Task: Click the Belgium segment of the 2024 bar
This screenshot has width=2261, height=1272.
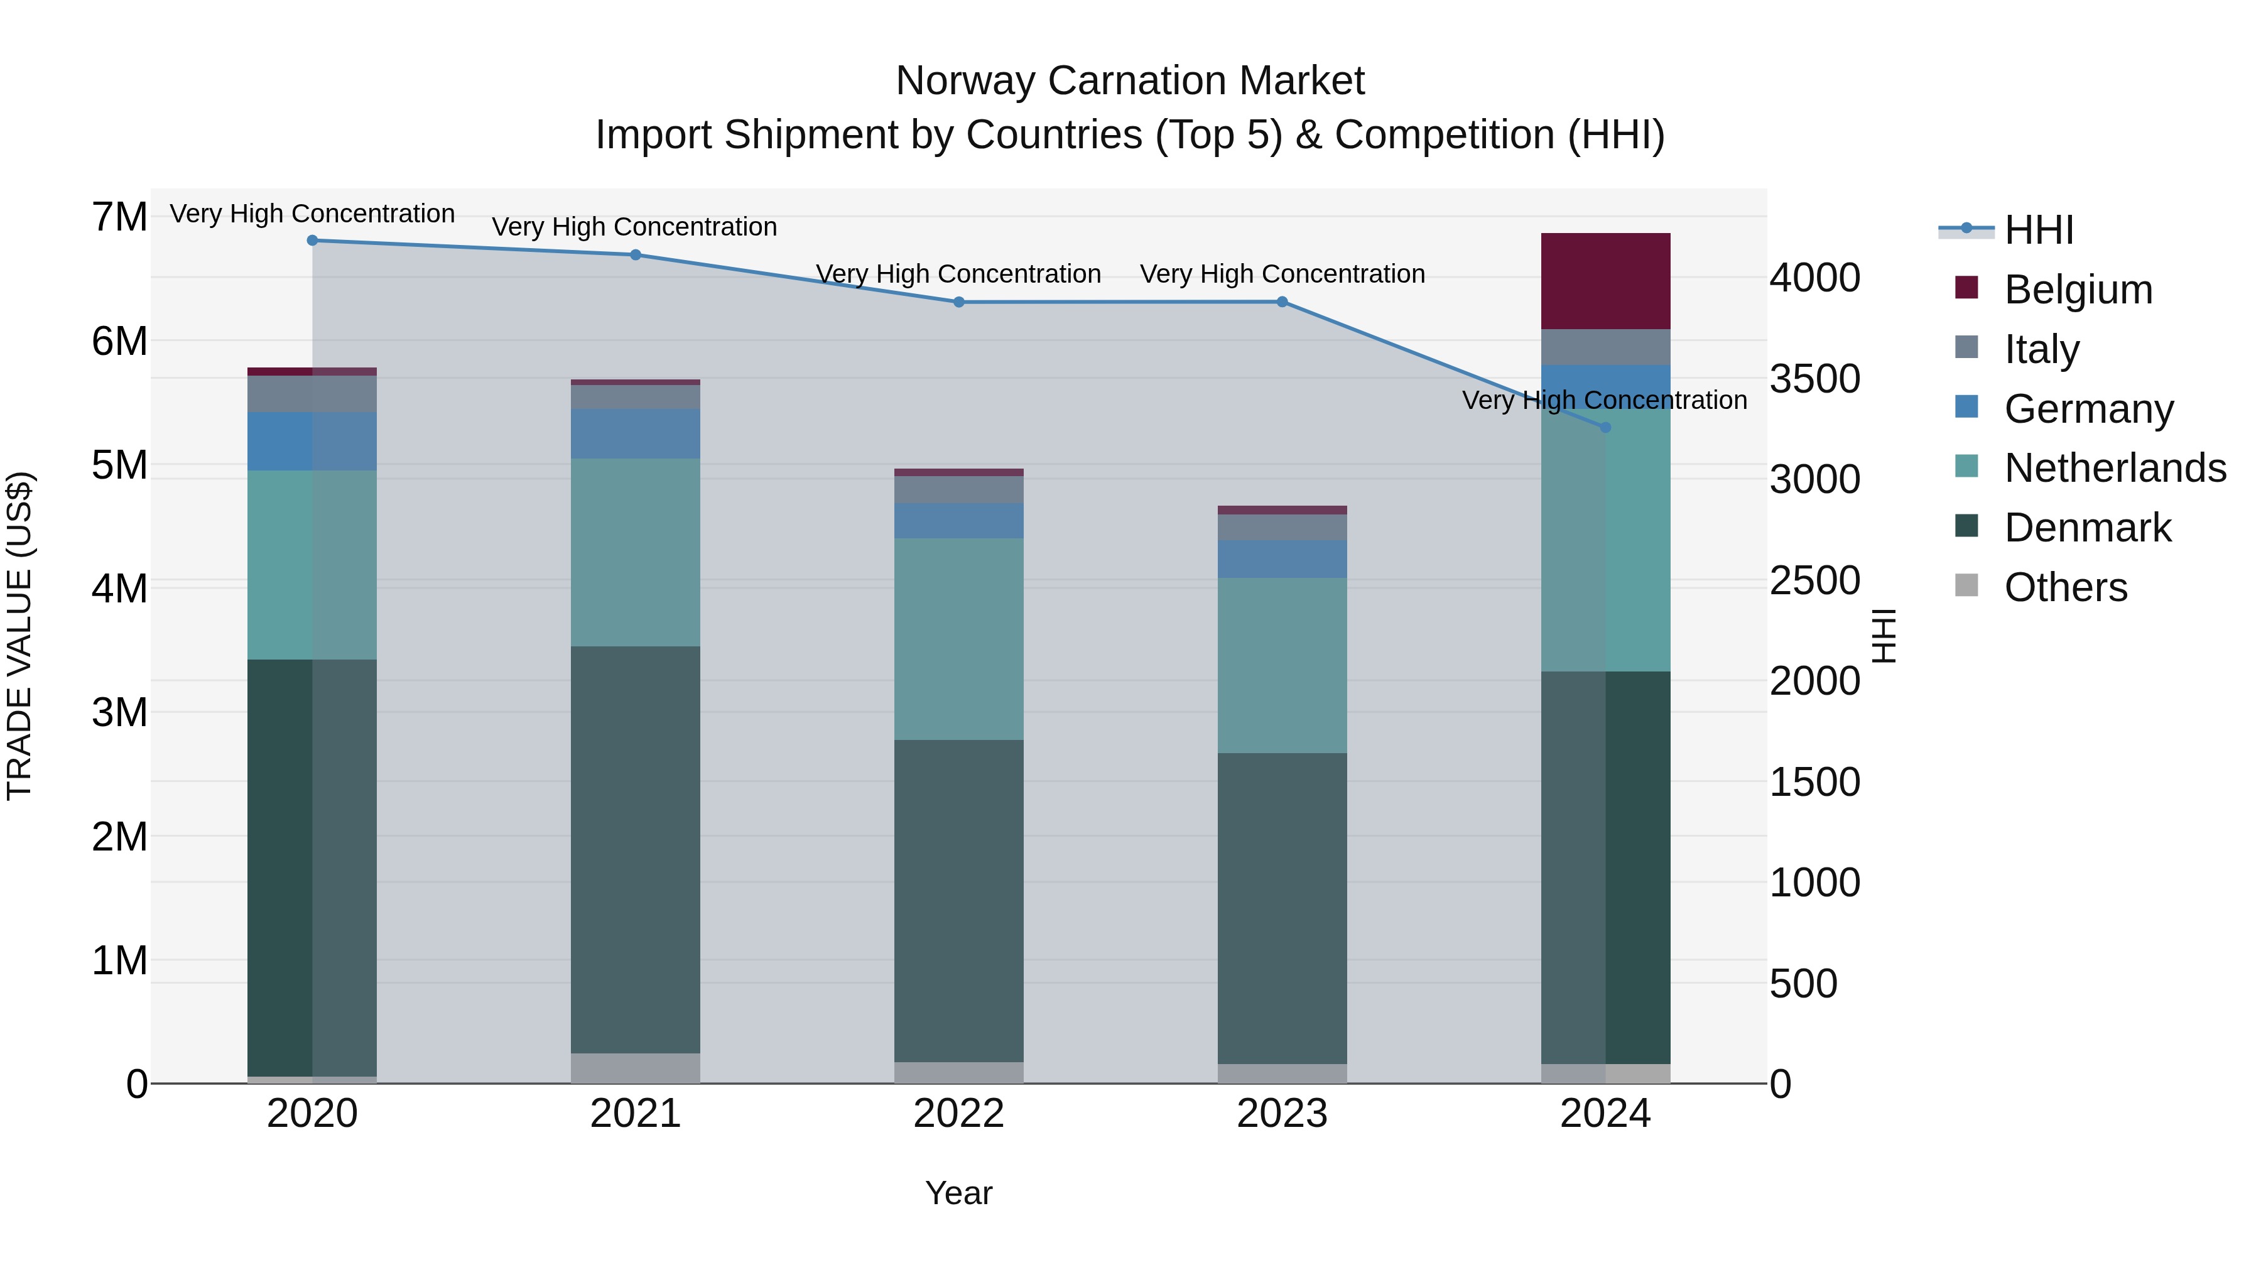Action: tap(1605, 281)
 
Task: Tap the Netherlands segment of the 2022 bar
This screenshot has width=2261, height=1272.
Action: tap(958, 638)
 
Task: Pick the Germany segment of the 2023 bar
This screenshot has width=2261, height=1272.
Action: tap(1281, 558)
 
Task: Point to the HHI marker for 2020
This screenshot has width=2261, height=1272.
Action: tap(313, 241)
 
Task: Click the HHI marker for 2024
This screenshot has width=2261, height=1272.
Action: tap(1605, 428)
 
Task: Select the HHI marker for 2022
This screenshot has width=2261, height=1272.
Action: tap(958, 302)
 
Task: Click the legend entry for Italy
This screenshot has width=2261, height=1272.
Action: tap(2042, 349)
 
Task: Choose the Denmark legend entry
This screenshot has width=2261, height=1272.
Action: tap(2087, 528)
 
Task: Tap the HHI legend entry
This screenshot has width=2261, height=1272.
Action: tap(2038, 230)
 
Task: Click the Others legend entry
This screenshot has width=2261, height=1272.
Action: tap(2065, 587)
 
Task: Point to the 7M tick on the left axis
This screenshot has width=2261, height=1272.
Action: tap(119, 217)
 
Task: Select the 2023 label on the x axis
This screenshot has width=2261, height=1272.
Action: tap(1281, 1114)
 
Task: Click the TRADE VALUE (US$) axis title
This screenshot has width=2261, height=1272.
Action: tap(19, 636)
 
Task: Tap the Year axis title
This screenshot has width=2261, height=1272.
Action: tap(958, 1193)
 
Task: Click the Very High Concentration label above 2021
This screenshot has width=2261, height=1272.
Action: tap(634, 227)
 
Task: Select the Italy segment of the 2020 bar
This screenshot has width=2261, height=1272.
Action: tap(313, 393)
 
